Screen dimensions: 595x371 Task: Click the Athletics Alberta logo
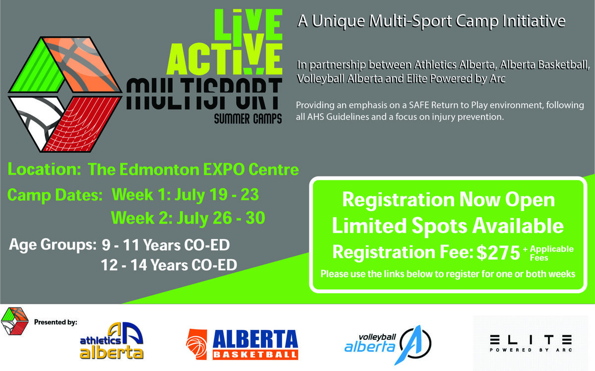coord(112,341)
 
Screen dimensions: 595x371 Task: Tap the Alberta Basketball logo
coord(242,344)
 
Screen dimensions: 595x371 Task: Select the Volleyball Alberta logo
coord(388,345)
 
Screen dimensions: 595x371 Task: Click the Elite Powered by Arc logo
coord(531,343)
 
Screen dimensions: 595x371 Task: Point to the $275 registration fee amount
coord(498,252)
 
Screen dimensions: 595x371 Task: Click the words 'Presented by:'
coord(56,322)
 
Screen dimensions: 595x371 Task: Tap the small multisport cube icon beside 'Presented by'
coord(14,321)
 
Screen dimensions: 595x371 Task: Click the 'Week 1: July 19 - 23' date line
coord(185,194)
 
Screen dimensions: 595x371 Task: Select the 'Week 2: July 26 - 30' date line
coord(188,218)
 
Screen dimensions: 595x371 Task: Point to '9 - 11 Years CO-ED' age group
coord(166,245)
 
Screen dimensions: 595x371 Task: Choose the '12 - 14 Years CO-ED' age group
coord(169,265)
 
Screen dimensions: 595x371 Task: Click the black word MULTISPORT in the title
coord(204,94)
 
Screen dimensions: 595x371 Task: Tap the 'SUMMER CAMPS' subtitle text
coord(248,119)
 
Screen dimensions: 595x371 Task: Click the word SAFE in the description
coord(418,105)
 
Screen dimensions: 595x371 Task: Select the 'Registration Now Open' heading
coord(449,199)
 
